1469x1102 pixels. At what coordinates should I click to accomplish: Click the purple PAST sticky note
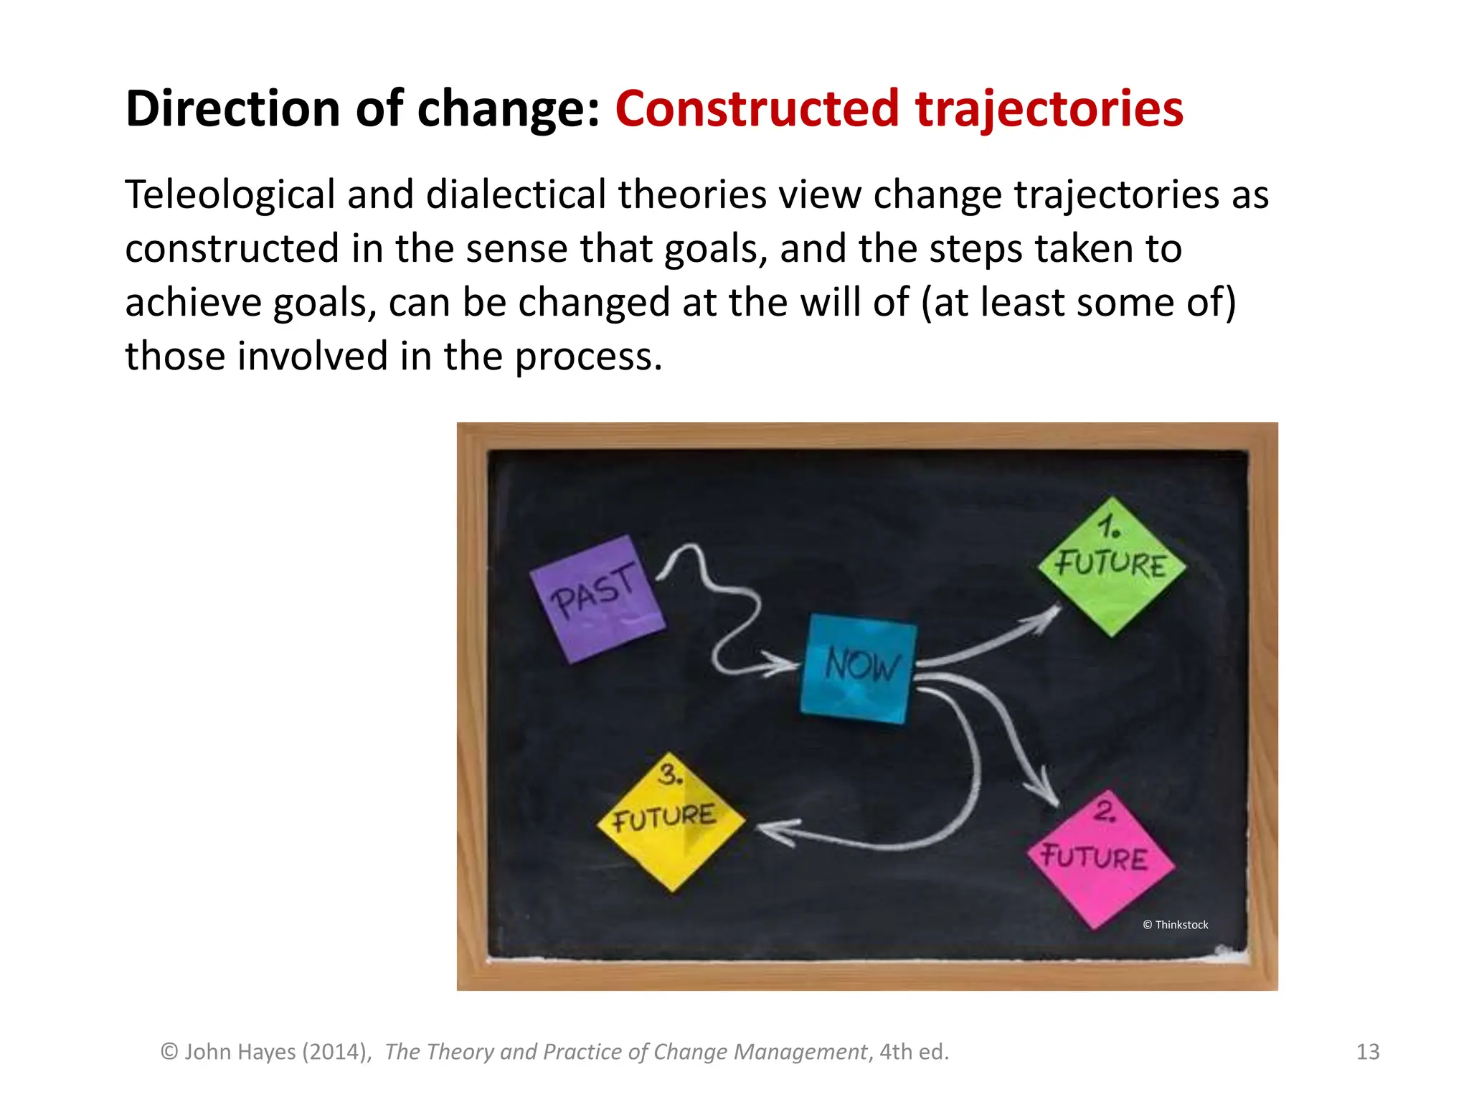597,598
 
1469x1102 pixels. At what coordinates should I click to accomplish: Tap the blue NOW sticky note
859,668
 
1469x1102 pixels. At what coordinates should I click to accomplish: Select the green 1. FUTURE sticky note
1112,566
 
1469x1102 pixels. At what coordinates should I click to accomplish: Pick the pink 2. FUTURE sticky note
1100,859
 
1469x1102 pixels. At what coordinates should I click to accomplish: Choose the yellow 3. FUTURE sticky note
671,821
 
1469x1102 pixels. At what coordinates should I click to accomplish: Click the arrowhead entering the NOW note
782,664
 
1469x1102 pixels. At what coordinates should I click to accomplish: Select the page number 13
1368,1052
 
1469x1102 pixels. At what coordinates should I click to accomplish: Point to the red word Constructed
757,109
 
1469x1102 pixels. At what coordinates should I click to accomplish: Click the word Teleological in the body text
230,195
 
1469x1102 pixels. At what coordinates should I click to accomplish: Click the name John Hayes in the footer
240,1052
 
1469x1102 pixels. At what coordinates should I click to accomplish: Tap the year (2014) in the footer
336,1052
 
